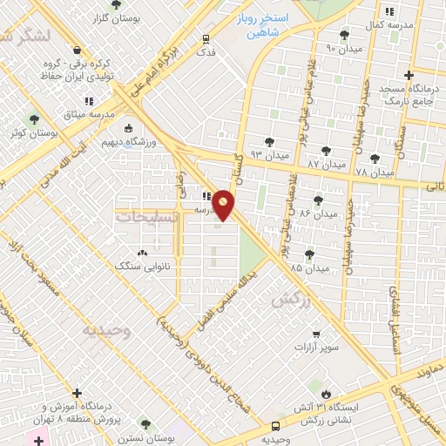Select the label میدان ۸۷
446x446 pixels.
coord(328,164)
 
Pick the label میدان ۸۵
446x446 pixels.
coord(311,267)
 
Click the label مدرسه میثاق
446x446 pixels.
coord(83,114)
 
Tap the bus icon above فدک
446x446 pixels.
coord(206,38)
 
